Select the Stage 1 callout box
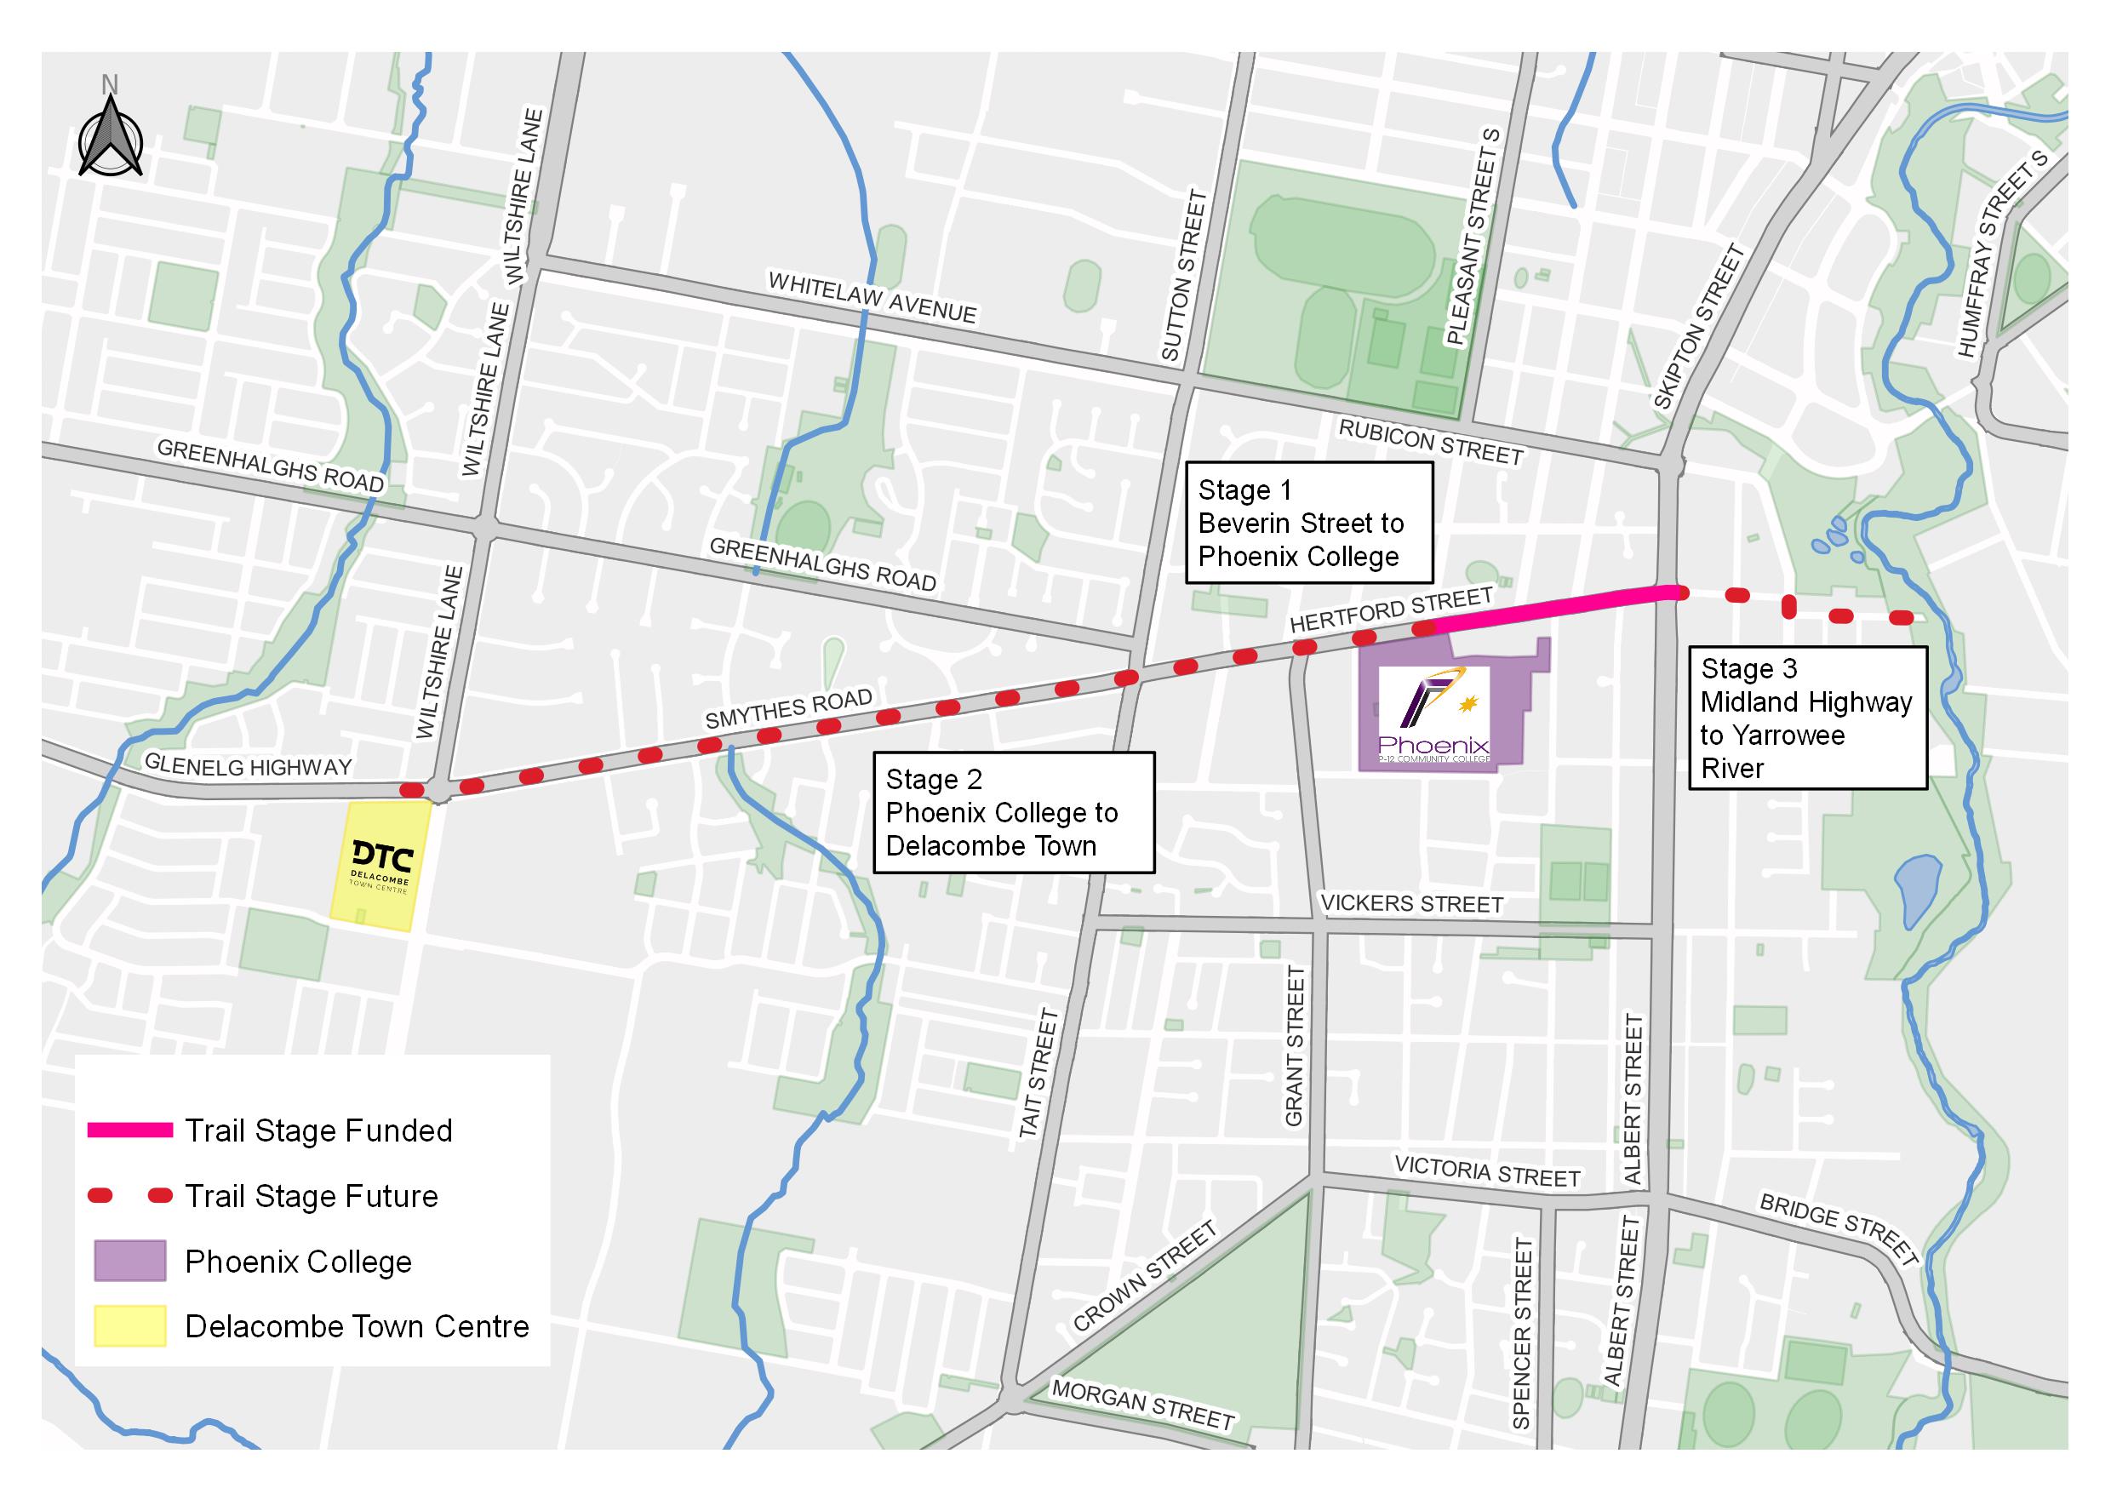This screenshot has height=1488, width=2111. pos(1308,523)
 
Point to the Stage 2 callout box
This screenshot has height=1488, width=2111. pos(1013,812)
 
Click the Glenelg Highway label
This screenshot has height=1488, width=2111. pos(249,766)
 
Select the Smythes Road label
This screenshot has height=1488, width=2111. pos(789,709)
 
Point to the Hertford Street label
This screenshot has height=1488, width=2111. pos(1390,610)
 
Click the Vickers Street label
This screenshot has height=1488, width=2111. pos(1411,904)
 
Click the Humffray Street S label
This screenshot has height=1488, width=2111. pos(2003,255)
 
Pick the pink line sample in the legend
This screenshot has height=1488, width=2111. pos(129,1130)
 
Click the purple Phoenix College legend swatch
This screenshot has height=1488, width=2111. pos(129,1261)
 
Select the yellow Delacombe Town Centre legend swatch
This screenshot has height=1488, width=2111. pos(129,1326)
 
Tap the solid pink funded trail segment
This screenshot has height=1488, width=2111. pos(1553,607)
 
